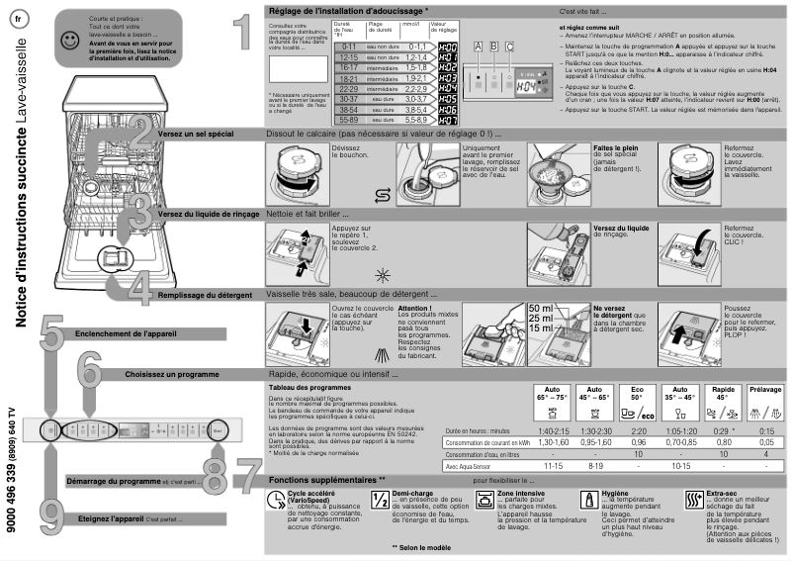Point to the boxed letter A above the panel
479,47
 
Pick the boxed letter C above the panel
509,47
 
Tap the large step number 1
233,32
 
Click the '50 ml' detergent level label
541,308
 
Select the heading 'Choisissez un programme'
172,375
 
